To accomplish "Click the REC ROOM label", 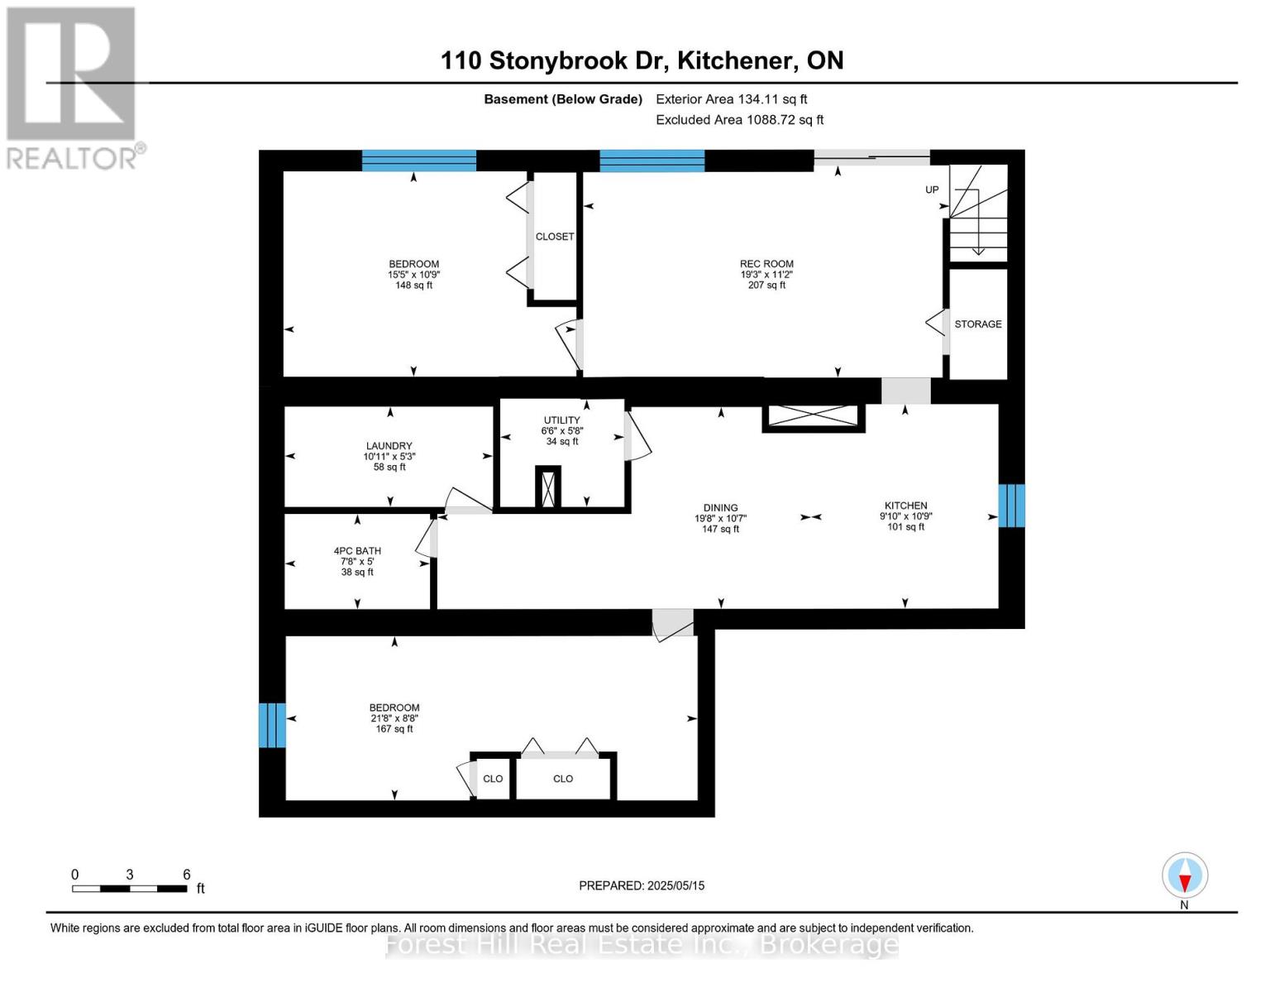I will click(766, 264).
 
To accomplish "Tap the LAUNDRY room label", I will click(389, 446).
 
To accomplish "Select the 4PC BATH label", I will click(357, 551).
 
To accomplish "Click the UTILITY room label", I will click(561, 420).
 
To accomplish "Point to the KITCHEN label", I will click(905, 506).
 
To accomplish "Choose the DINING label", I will click(720, 508).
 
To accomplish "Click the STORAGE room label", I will click(977, 324).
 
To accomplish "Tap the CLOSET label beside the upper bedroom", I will click(554, 237).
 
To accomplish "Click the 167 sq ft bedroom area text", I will click(394, 729).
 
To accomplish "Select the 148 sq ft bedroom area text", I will click(413, 285).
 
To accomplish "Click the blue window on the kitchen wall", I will click(1011, 506).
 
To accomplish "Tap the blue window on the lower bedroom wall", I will click(272, 725).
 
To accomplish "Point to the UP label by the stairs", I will click(932, 190).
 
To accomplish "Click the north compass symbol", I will click(1185, 876).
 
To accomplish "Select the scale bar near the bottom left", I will click(130, 889).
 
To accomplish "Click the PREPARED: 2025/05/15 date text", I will click(642, 885).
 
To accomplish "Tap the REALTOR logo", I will click(73, 87).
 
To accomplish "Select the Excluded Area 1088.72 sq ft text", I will click(739, 120).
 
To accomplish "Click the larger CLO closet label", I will click(563, 779).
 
